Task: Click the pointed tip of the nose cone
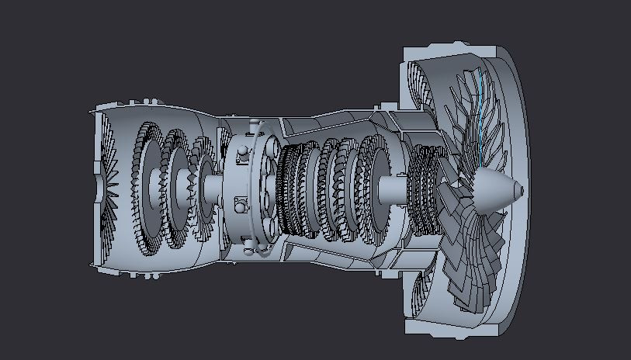pyautogui.click(x=521, y=190)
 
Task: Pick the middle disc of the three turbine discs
pyautogui.click(x=176, y=186)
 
